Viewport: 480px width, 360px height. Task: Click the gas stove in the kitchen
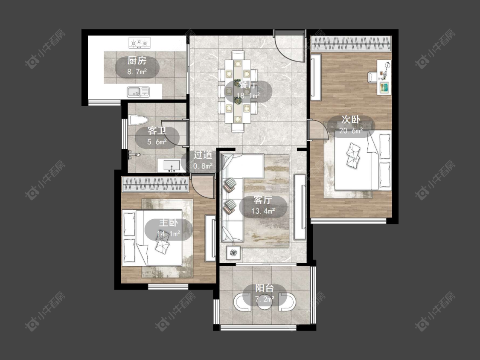pyautogui.click(x=140, y=43)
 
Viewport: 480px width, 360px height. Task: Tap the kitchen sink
pyautogui.click(x=138, y=92)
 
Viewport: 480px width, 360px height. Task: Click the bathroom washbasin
pyautogui.click(x=171, y=165)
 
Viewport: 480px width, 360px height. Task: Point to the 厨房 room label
pyautogui.click(x=137, y=61)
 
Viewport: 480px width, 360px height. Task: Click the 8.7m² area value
pyautogui.click(x=137, y=72)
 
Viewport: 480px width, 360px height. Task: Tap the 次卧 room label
pyautogui.click(x=351, y=119)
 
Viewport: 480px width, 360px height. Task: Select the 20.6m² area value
pyautogui.click(x=351, y=131)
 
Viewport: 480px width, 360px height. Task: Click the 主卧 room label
pyautogui.click(x=169, y=223)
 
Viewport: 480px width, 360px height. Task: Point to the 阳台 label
pyautogui.click(x=265, y=288)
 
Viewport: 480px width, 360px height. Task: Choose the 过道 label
pyautogui.click(x=203, y=155)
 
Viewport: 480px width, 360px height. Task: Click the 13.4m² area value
pyautogui.click(x=263, y=211)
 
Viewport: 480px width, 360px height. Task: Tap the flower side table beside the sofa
pyautogui.click(x=233, y=253)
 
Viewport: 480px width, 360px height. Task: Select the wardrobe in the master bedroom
pyautogui.click(x=154, y=185)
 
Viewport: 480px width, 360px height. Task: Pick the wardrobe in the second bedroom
pyautogui.click(x=352, y=44)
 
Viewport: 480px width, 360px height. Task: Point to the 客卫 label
pyautogui.click(x=157, y=131)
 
